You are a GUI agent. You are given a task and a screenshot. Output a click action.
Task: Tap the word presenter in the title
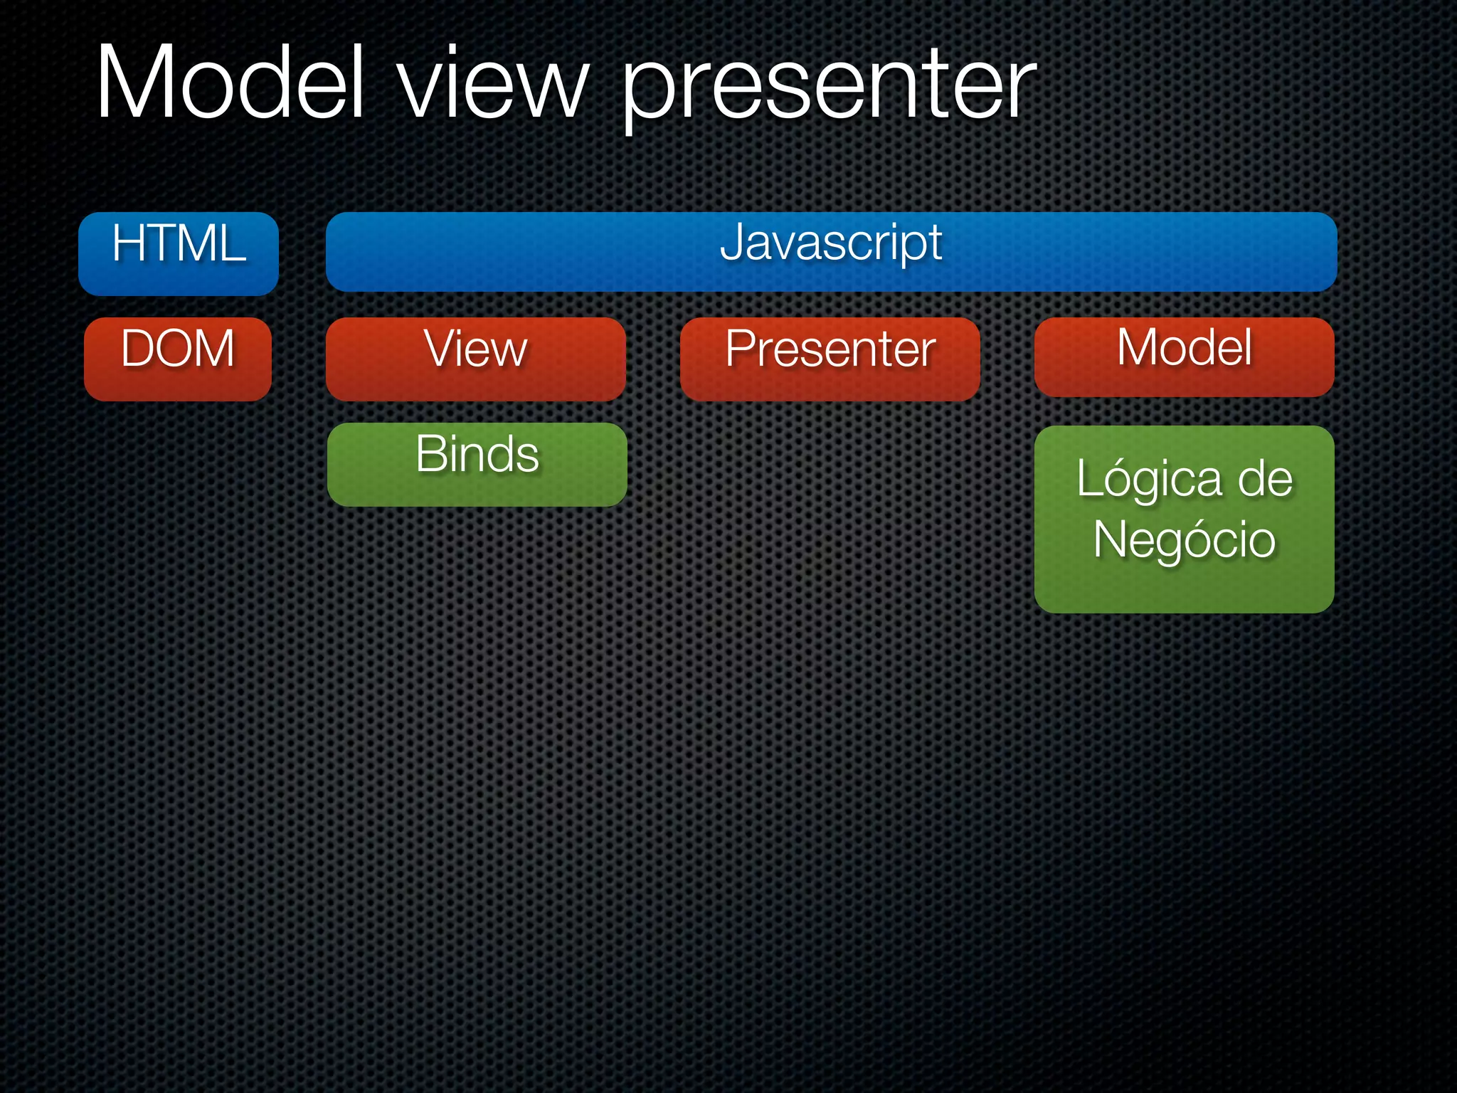[x=830, y=89]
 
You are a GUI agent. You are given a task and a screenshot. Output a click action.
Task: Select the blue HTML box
[x=178, y=253]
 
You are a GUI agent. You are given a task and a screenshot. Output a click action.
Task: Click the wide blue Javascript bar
[x=831, y=252]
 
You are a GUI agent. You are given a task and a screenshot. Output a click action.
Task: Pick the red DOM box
[x=178, y=359]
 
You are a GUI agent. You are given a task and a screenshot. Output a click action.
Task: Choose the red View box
[x=475, y=359]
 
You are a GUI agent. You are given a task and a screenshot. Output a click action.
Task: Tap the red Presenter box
[x=830, y=359]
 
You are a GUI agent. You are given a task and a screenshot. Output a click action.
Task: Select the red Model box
[x=1184, y=357]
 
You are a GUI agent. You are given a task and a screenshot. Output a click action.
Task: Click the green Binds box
[x=477, y=464]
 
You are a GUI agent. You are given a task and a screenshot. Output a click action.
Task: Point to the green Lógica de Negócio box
[x=1184, y=519]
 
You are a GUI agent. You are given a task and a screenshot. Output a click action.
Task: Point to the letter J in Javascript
[x=732, y=243]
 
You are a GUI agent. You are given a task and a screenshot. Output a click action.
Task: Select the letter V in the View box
[x=440, y=348]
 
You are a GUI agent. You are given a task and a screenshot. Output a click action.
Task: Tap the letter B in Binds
[x=430, y=453]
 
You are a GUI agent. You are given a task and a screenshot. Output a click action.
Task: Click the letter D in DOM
[x=137, y=348]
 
